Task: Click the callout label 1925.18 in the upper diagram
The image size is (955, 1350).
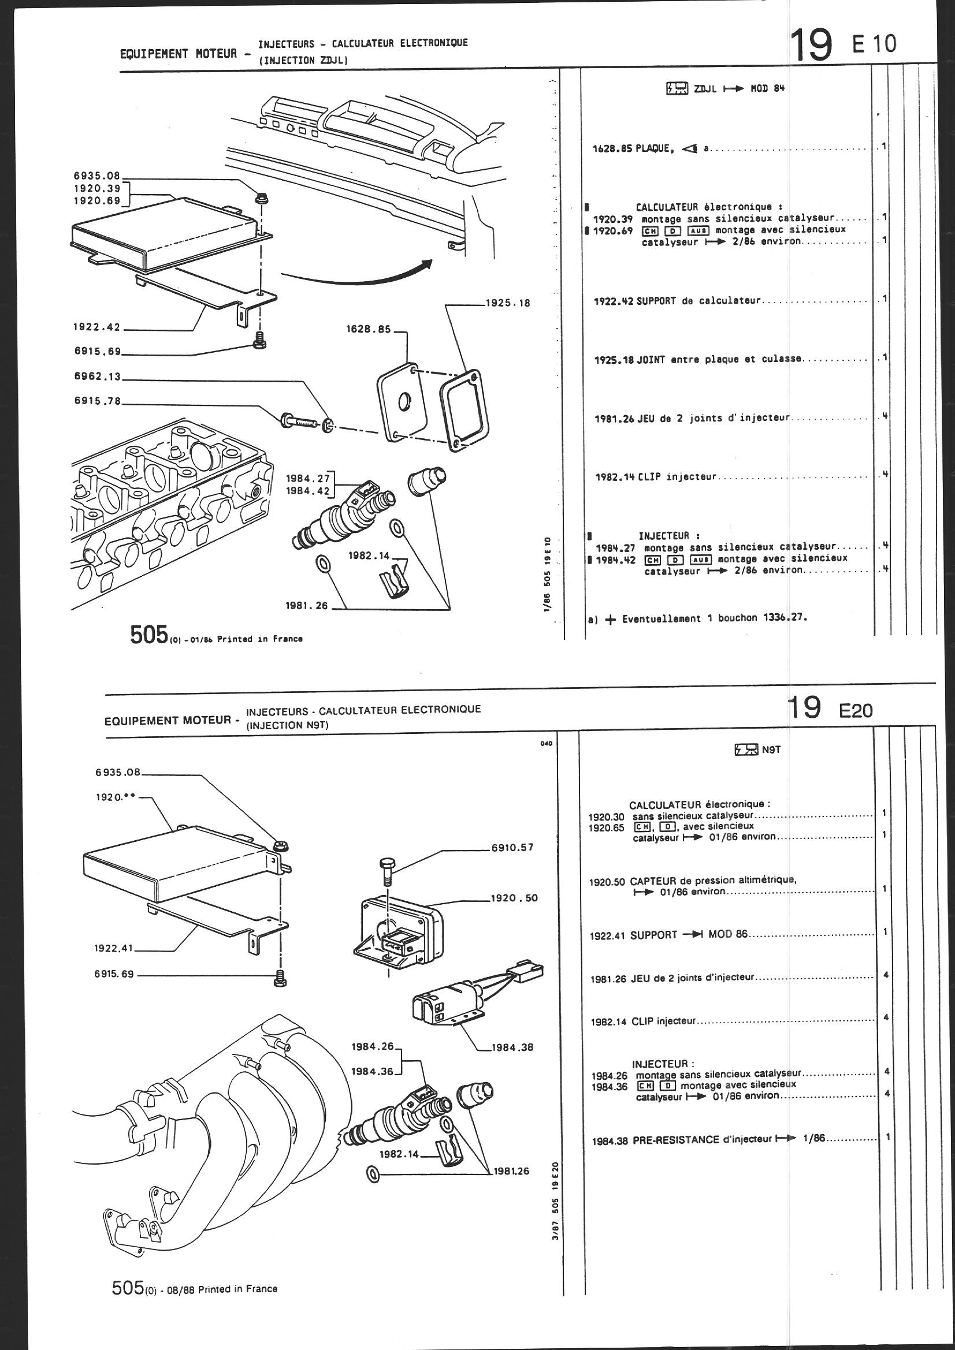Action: tap(508, 303)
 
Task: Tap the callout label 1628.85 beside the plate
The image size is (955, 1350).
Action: tap(369, 329)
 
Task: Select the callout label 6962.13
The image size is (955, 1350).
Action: tap(97, 378)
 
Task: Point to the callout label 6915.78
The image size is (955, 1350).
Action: tap(97, 401)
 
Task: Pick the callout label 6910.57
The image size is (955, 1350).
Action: tap(512, 847)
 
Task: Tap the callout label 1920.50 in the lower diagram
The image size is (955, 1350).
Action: tap(514, 898)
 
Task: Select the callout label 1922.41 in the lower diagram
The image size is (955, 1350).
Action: tap(114, 948)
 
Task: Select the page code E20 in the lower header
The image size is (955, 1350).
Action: tap(856, 711)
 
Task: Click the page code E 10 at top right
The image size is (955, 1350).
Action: tap(874, 44)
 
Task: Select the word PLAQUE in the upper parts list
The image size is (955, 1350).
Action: tap(652, 148)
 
